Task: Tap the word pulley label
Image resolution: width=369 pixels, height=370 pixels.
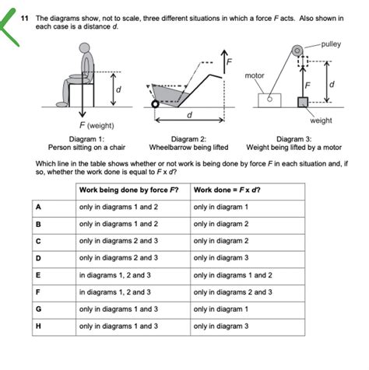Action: click(x=330, y=46)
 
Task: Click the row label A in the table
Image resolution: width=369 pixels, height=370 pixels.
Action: click(x=37, y=208)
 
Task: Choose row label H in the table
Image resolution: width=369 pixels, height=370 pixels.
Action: click(x=37, y=326)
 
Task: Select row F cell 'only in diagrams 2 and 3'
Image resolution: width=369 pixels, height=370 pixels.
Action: click(x=233, y=292)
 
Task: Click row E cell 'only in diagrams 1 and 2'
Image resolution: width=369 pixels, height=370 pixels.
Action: click(x=233, y=275)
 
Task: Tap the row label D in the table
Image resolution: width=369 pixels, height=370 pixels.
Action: click(x=37, y=258)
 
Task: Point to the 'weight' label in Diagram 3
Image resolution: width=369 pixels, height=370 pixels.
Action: click(x=321, y=120)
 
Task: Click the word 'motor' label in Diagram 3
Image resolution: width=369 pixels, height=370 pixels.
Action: click(x=255, y=75)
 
